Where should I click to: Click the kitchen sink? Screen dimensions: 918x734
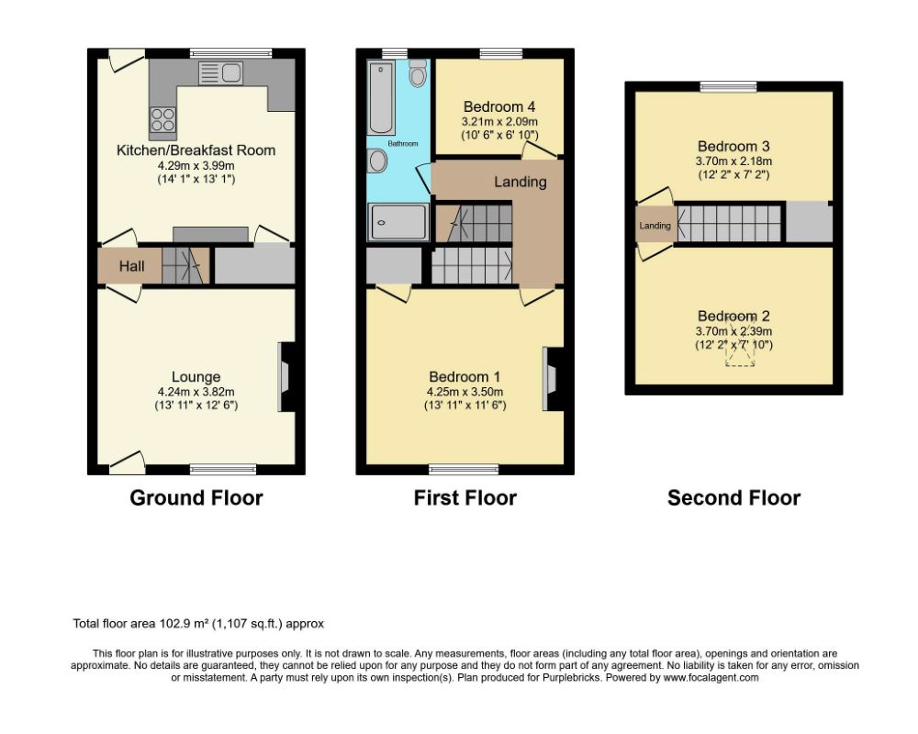pyautogui.click(x=220, y=73)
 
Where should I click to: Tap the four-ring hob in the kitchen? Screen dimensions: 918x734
pyautogui.click(x=162, y=120)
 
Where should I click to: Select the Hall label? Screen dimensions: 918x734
pyautogui.click(x=131, y=266)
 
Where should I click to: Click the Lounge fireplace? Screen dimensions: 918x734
pyautogui.click(x=285, y=377)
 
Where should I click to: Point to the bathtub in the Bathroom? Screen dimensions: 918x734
pyautogui.click(x=381, y=97)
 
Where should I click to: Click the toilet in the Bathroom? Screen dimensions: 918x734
pyautogui.click(x=418, y=73)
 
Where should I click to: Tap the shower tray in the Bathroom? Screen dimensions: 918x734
pyautogui.click(x=398, y=222)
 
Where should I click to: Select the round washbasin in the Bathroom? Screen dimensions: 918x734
pyautogui.click(x=378, y=160)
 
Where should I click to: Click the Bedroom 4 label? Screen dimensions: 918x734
pyautogui.click(x=499, y=107)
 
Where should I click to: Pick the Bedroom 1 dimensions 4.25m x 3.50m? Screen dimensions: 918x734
pyautogui.click(x=465, y=392)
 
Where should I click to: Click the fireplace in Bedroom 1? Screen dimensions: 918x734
pyautogui.click(x=554, y=379)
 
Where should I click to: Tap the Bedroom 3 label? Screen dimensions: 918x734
pyautogui.click(x=733, y=146)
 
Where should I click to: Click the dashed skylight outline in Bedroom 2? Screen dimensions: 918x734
pyautogui.click(x=740, y=342)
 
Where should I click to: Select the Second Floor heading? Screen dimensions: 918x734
pyautogui.click(x=733, y=498)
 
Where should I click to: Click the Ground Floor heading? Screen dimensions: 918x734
pyautogui.click(x=196, y=498)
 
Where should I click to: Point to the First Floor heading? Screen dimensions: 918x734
pyautogui.click(x=465, y=498)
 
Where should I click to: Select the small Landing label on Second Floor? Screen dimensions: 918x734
pyautogui.click(x=655, y=226)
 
